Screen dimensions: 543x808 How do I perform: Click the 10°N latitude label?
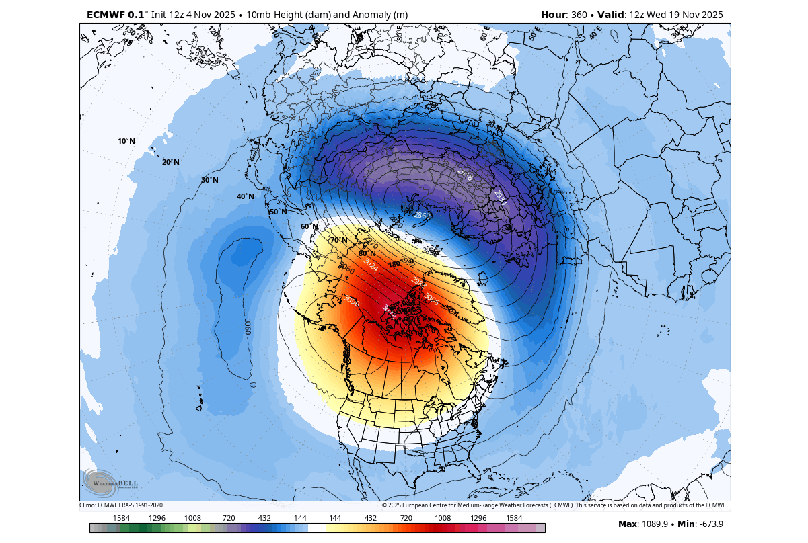tap(126, 141)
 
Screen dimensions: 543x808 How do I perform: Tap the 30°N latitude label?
tap(210, 180)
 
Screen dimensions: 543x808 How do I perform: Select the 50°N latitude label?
tap(278, 212)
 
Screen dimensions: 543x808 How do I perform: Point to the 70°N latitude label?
tap(338, 240)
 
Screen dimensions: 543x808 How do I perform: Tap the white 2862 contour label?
tap(422, 215)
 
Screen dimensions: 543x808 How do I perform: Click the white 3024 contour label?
tap(371, 265)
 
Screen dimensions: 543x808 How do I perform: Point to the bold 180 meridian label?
tap(394, 264)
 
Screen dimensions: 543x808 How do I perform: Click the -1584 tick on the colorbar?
tap(120, 518)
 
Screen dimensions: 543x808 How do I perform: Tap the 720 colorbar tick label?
tap(406, 518)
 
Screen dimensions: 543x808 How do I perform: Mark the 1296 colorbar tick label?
tap(478, 518)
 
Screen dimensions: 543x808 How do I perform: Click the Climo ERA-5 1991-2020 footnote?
tap(121, 505)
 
